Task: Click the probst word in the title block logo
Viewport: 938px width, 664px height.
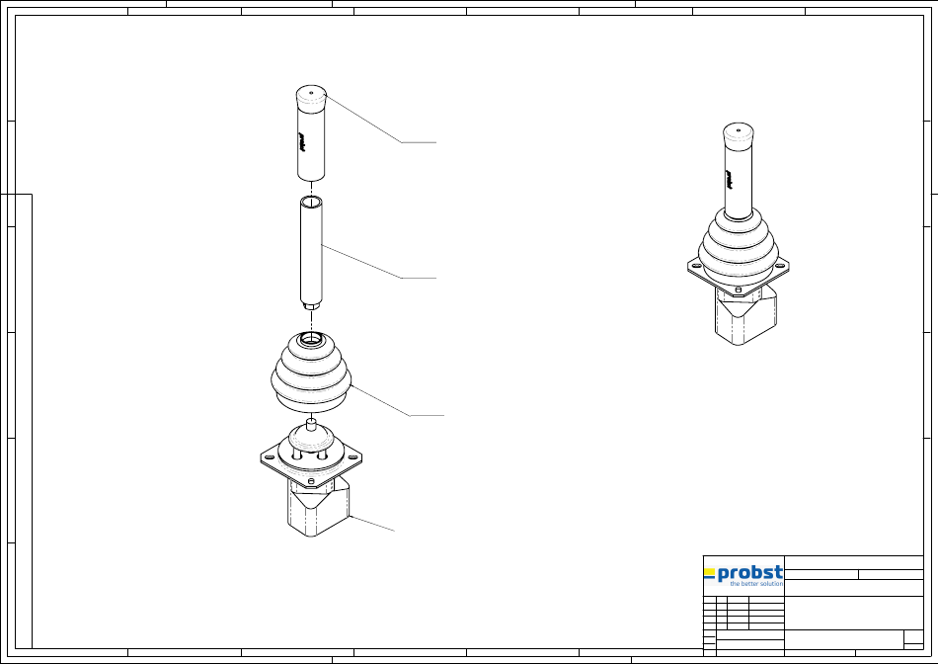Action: pos(749,573)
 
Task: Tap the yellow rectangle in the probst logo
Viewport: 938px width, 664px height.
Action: pos(710,572)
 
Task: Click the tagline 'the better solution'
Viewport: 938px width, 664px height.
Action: pos(756,584)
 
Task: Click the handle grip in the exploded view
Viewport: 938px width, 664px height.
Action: pos(311,133)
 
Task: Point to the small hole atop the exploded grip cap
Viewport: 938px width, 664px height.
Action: pos(311,92)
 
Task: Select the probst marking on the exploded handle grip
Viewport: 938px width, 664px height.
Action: pos(302,142)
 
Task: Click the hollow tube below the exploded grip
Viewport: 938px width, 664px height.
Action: pos(311,252)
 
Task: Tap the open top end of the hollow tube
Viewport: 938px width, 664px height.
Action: pos(311,201)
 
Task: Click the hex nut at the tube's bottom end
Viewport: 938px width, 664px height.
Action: pos(311,306)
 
